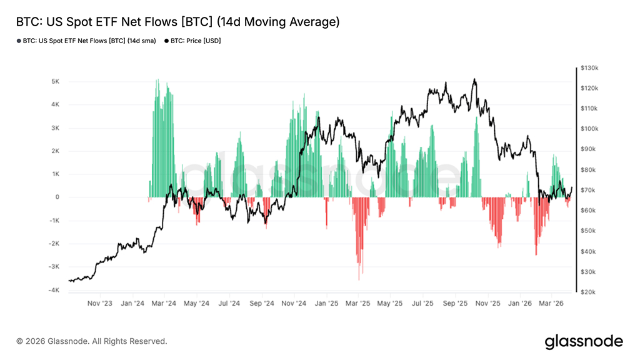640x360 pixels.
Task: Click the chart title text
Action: pos(177,22)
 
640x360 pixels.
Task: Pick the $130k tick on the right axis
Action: pos(590,67)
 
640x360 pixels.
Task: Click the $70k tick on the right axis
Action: pos(590,190)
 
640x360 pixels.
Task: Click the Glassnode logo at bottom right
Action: pos(584,341)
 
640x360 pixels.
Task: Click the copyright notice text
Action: pos(92,341)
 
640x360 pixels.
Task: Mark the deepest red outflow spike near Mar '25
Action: pos(359,279)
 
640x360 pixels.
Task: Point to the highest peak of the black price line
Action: pos(474,79)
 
